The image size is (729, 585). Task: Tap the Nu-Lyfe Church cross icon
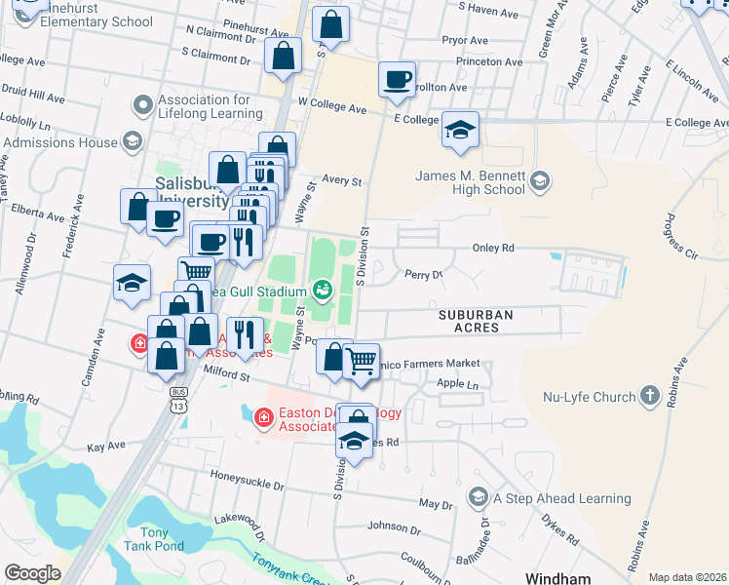[x=651, y=397]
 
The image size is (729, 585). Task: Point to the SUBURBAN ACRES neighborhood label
[x=481, y=322]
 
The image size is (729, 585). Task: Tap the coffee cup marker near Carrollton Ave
[x=397, y=82]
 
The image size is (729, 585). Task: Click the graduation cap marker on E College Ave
[x=460, y=131]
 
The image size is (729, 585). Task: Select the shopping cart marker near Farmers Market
[x=362, y=361]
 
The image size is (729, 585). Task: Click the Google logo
[x=32, y=573]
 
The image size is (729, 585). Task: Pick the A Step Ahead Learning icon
[x=479, y=498]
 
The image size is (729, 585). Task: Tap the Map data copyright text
[x=687, y=577]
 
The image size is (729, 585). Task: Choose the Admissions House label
[x=59, y=142]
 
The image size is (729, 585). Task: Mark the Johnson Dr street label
[x=394, y=526]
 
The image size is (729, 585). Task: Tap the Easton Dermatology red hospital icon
[x=263, y=418]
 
